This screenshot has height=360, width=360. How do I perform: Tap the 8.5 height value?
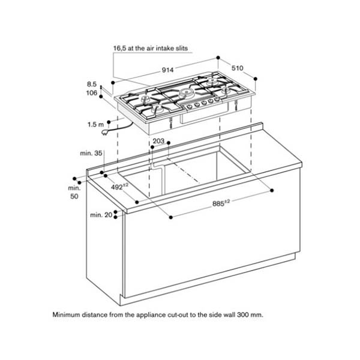click(x=91, y=84)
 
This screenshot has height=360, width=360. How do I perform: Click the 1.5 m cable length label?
click(x=95, y=125)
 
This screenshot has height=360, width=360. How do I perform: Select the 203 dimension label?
click(x=158, y=142)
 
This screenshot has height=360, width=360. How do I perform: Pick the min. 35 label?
click(x=91, y=154)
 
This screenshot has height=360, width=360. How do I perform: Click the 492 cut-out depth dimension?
click(x=121, y=187)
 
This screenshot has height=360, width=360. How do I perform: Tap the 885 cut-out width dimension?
click(x=221, y=203)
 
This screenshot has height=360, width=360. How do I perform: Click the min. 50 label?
click(x=74, y=192)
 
